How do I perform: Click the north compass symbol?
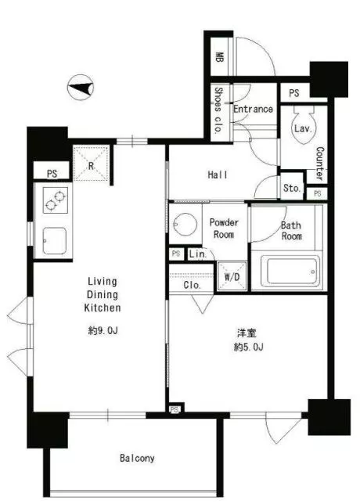click(x=81, y=88)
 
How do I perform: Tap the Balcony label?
click(x=137, y=458)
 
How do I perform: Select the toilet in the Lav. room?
click(x=304, y=126)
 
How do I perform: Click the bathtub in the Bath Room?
click(x=290, y=271)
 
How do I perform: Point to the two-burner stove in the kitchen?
click(x=56, y=200)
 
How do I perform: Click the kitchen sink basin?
click(x=55, y=240)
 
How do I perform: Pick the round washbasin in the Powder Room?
click(x=185, y=224)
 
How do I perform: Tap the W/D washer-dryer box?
click(x=232, y=276)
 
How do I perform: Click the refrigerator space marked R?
click(x=92, y=163)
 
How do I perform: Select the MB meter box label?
click(x=219, y=57)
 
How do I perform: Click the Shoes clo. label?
click(x=218, y=110)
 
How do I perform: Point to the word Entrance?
click(x=253, y=109)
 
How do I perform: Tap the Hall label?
click(x=218, y=175)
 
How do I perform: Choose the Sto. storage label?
click(x=292, y=188)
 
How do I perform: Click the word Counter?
click(x=320, y=163)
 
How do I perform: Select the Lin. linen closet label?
click(x=197, y=254)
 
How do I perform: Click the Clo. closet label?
click(x=193, y=285)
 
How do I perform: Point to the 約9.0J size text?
click(x=103, y=330)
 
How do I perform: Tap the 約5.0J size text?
click(x=249, y=347)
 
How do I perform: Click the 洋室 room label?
click(x=247, y=333)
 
